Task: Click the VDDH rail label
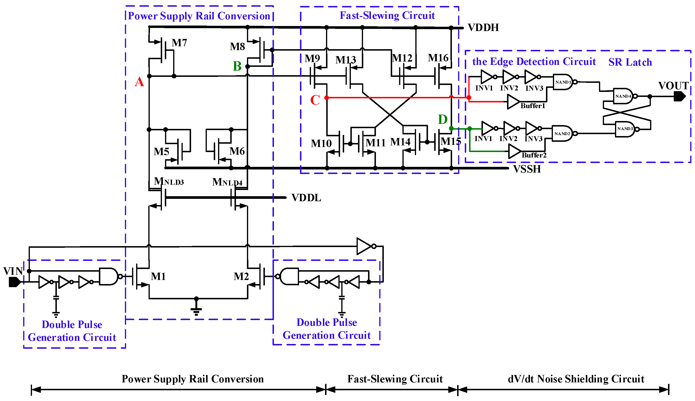tap(483, 27)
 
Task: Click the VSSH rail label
tap(527, 169)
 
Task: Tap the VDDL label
tap(306, 198)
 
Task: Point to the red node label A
tap(139, 82)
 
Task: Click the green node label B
tap(237, 66)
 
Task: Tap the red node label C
tap(315, 100)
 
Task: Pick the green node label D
tap(443, 120)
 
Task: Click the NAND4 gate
tap(623, 96)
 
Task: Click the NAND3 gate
tap(625, 129)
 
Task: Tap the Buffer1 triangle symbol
tap(513, 102)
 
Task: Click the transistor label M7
tap(179, 43)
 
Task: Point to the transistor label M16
tap(438, 58)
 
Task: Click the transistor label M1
tap(158, 276)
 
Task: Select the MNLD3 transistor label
tap(169, 181)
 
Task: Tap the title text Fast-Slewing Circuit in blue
tap(387, 16)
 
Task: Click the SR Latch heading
tap(630, 62)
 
